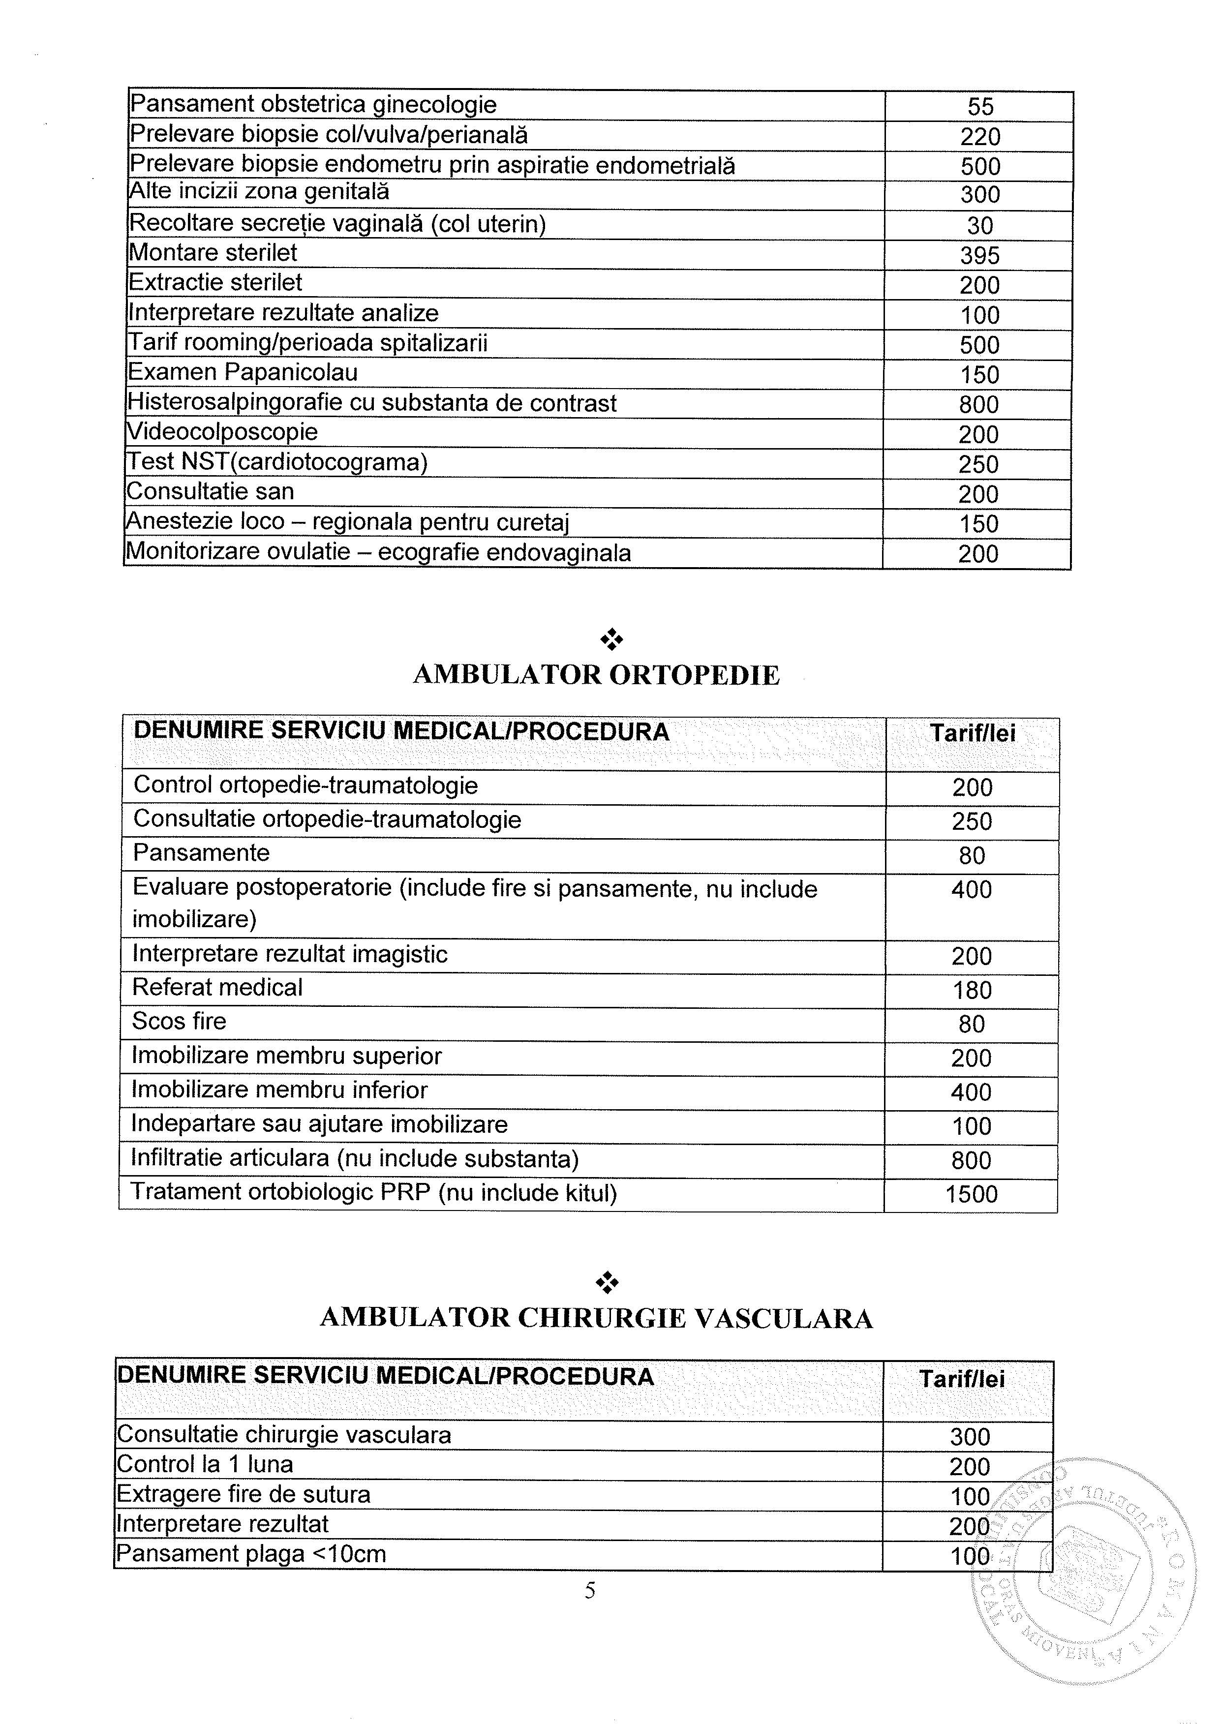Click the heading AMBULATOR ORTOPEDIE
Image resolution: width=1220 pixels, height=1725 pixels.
click(x=597, y=675)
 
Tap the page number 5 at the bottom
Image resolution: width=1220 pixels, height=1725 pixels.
click(x=590, y=1591)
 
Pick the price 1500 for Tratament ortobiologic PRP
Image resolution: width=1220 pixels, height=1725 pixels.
click(x=972, y=1195)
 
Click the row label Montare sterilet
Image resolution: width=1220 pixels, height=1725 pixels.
click(x=213, y=252)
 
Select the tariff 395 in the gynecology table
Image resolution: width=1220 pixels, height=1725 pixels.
click(x=979, y=255)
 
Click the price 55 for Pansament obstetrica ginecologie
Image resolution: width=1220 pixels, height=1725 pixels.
click(x=980, y=107)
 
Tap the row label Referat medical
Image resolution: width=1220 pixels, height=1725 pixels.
click(x=218, y=987)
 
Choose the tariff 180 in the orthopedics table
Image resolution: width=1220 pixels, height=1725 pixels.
click(x=972, y=990)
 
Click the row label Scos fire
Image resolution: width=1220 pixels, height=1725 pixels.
click(x=180, y=1021)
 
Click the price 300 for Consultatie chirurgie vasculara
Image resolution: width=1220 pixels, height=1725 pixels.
click(x=970, y=1436)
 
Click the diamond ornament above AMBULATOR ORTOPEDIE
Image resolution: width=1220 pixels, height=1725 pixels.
click(x=611, y=639)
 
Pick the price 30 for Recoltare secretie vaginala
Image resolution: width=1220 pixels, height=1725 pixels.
click(x=979, y=225)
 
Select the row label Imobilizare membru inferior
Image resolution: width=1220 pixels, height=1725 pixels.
click(x=279, y=1089)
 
